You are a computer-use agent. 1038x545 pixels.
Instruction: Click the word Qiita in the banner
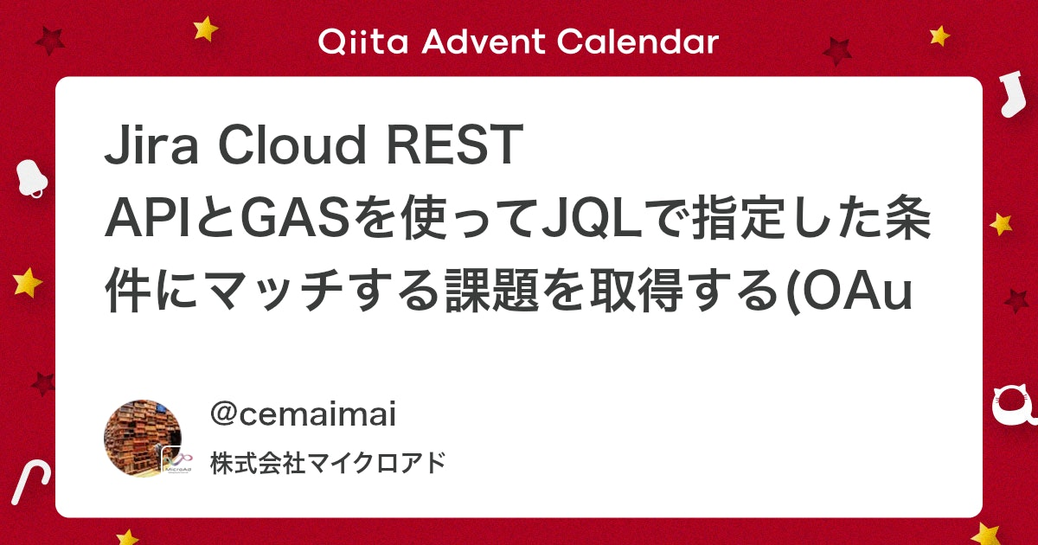pos(362,42)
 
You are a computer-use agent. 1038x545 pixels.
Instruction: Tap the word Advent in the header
pos(484,42)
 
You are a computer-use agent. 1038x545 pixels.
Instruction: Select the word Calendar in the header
pos(638,42)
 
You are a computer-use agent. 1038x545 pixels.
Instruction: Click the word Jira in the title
pos(151,144)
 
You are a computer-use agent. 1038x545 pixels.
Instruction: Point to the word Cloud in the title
pos(292,144)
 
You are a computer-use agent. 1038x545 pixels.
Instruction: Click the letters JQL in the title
pos(596,217)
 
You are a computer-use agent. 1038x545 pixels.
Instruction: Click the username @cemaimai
pos(303,414)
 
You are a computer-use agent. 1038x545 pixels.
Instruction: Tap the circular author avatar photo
pos(144,439)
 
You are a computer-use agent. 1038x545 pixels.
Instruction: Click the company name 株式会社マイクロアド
pos(328,463)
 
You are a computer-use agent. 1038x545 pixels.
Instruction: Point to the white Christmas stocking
pos(1014,93)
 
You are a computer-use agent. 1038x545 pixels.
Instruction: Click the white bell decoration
pos(31,178)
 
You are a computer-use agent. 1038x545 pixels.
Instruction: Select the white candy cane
pos(30,482)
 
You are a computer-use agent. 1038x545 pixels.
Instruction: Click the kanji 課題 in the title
pos(492,291)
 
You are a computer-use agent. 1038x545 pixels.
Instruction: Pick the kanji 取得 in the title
pos(637,291)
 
